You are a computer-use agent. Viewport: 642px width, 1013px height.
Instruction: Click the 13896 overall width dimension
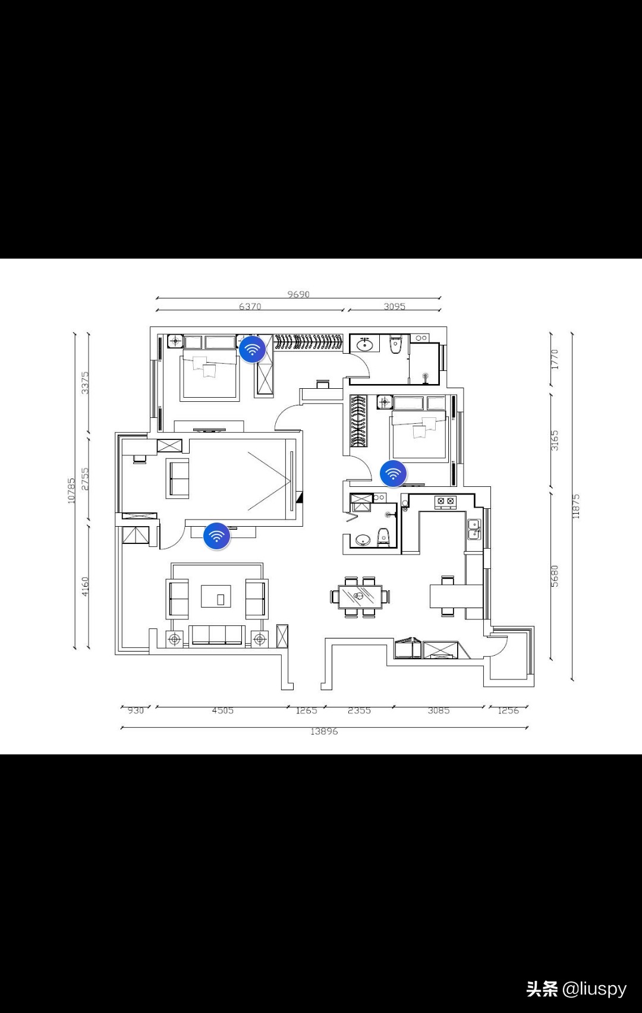click(324, 731)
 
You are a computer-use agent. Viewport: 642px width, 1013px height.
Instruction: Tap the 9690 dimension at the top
click(298, 294)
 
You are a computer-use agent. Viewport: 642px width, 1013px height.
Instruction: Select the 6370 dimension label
click(250, 307)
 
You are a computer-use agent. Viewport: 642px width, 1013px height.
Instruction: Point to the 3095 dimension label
click(394, 307)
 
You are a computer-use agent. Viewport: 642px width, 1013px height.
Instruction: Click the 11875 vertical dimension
click(575, 506)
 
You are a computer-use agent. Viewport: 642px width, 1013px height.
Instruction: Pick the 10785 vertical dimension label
click(71, 490)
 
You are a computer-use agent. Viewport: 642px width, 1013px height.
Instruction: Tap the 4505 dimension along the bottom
click(222, 710)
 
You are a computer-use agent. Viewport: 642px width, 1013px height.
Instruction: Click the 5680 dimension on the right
click(555, 576)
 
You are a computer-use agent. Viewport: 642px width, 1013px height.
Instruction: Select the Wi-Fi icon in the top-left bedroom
click(252, 350)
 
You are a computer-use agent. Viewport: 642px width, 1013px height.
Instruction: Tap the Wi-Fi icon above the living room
click(216, 536)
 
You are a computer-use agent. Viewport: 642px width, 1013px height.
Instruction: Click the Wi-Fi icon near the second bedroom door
click(393, 474)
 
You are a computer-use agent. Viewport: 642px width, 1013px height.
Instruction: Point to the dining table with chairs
click(360, 596)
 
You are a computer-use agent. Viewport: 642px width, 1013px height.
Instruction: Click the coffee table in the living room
click(216, 596)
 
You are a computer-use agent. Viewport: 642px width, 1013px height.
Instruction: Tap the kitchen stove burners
click(446, 502)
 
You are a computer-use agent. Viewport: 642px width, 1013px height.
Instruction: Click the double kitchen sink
click(474, 529)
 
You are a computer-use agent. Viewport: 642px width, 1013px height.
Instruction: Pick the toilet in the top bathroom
click(396, 345)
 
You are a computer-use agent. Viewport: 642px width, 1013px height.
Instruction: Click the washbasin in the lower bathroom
click(362, 540)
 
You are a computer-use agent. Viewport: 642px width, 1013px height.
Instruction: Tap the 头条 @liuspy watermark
click(576, 988)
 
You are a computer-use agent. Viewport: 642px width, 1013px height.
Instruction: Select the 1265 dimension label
click(306, 710)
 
